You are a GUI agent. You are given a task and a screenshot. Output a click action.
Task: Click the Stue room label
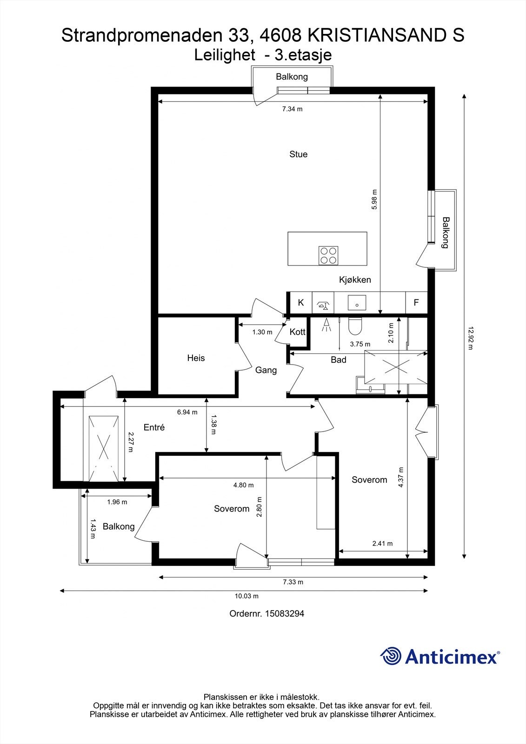299,154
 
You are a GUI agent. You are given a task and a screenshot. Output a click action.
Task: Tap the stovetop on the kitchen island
328,255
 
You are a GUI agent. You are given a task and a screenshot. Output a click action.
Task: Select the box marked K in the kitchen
301,303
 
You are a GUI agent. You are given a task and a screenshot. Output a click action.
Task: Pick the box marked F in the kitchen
416,303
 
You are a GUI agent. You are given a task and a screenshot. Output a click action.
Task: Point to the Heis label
196,358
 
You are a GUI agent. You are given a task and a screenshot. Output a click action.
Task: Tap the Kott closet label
297,332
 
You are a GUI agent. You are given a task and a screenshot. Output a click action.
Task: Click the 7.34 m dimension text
293,109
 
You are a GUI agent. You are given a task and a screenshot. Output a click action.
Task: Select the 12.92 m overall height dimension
470,338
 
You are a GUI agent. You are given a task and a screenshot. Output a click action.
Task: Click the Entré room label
154,427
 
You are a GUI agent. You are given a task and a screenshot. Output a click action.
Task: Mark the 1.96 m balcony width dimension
117,502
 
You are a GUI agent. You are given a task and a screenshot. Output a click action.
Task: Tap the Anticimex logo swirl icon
390,656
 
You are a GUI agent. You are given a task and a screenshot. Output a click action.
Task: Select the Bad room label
339,360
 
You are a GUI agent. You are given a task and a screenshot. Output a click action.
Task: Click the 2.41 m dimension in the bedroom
382,544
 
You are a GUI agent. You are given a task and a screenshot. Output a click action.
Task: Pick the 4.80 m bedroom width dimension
244,485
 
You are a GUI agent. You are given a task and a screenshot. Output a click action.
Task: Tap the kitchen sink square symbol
357,303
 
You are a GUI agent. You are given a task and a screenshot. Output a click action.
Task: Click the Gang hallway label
266,370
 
